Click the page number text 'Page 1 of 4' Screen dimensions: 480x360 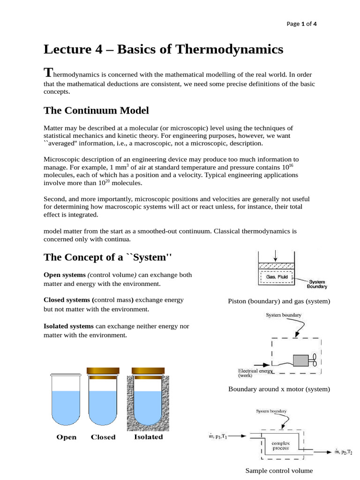(301, 24)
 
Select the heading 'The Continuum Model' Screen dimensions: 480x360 (96, 110)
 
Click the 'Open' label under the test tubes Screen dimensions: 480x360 (66, 437)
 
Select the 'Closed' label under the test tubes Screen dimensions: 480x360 (103, 437)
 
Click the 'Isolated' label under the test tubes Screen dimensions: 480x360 (149, 437)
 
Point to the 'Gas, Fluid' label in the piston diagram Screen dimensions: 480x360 (277, 277)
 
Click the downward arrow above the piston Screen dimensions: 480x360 (276, 256)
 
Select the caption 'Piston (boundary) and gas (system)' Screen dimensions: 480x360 (279, 301)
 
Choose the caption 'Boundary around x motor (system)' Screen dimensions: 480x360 (279, 389)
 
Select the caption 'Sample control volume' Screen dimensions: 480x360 (279, 470)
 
